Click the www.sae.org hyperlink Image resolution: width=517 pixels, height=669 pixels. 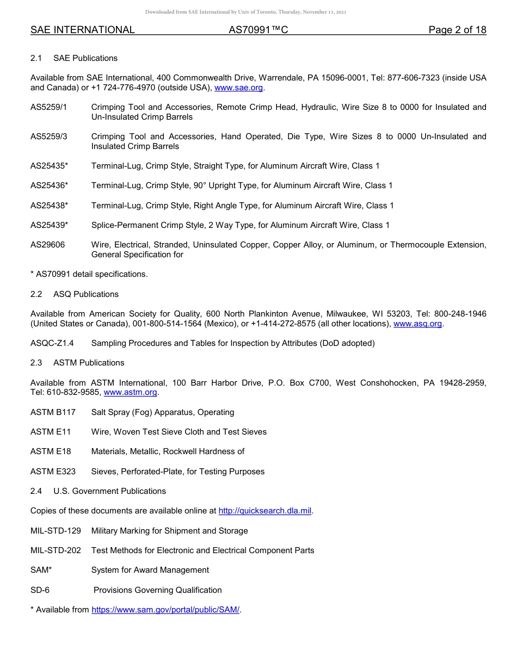[239, 88]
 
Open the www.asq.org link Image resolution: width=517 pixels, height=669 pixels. [417, 324]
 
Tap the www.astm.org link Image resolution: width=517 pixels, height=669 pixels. [130, 392]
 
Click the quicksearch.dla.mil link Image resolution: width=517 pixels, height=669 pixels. [265, 511]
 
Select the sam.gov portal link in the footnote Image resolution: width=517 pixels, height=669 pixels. [165, 610]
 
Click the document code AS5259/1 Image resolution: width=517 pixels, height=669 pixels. [48, 107]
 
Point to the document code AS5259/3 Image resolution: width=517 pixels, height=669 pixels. [48, 137]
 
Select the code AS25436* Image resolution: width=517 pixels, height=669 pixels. [49, 185]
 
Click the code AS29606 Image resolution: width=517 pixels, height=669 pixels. [47, 245]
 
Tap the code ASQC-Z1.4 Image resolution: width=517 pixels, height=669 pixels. [52, 343]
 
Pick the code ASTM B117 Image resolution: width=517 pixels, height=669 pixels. [53, 412]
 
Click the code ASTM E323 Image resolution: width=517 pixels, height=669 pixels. [53, 472]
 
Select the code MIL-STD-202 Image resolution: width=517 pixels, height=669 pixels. [56, 550]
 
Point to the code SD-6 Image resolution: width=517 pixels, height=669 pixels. [40, 590]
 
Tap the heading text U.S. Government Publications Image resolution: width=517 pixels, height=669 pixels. [109, 491]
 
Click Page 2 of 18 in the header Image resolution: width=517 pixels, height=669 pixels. [457, 30]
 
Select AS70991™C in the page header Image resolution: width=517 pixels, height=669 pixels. [258, 30]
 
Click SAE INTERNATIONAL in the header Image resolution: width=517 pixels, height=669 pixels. [83, 30]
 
